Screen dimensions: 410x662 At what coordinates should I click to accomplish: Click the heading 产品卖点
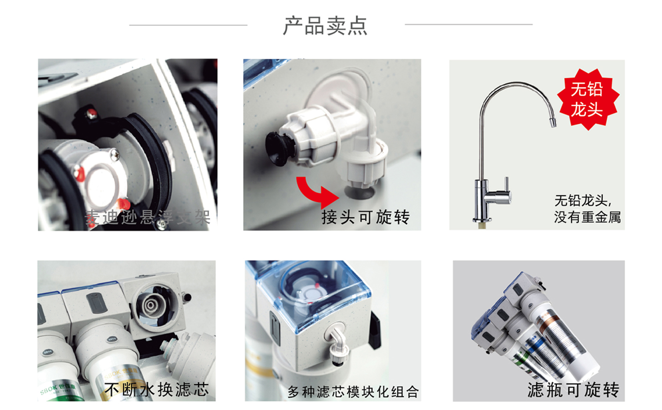point(325,26)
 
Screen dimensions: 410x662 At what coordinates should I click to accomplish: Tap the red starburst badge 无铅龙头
point(588,99)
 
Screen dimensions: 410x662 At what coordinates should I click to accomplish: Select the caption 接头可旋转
point(365,217)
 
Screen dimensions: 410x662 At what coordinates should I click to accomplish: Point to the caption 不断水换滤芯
point(157,389)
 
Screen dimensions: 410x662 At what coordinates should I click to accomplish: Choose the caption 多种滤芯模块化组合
point(353,392)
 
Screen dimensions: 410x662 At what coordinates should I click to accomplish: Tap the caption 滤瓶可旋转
point(573,390)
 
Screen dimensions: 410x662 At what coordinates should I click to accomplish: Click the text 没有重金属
point(587,217)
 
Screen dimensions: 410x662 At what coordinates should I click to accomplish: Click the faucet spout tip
point(553,122)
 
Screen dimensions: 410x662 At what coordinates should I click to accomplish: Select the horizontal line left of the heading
point(188,25)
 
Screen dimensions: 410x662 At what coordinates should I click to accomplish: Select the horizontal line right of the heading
point(468,24)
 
